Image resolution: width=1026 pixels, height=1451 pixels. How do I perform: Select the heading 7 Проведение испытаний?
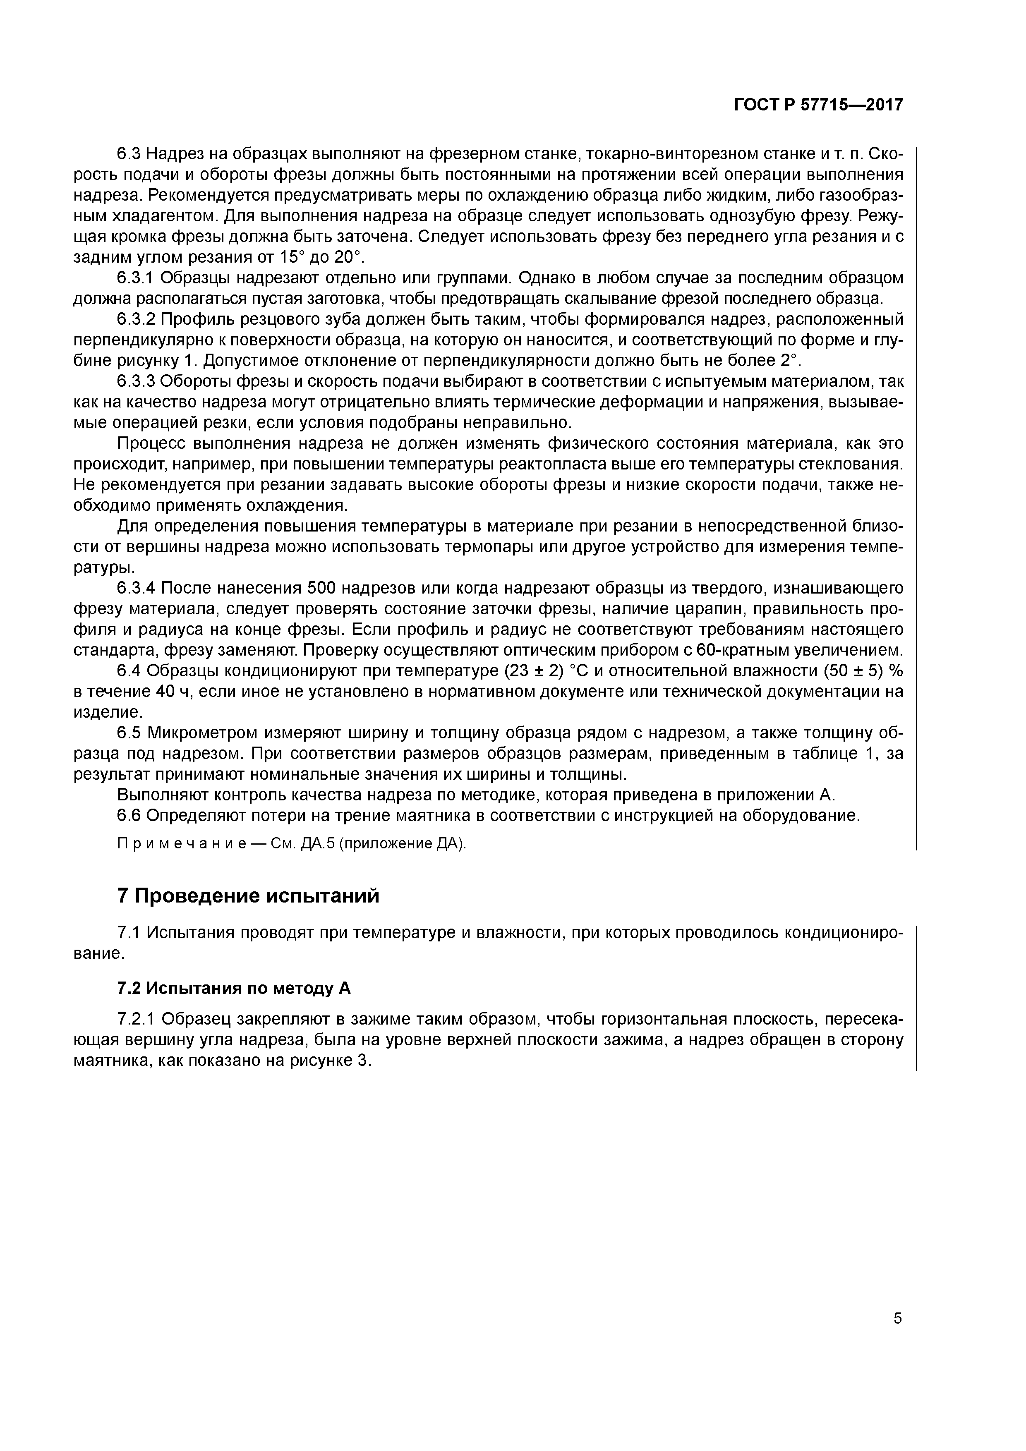(249, 896)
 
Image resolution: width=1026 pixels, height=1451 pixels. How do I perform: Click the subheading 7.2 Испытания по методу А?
(234, 989)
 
